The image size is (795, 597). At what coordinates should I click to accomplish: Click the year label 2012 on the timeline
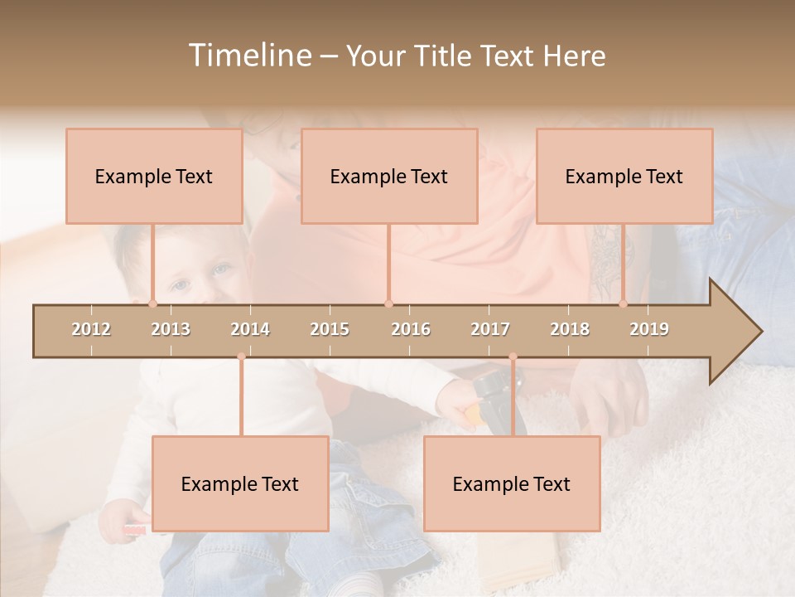pyautogui.click(x=91, y=329)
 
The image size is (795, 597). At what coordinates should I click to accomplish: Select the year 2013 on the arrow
pyautogui.click(x=171, y=329)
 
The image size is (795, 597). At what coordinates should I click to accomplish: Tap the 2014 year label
pyautogui.click(x=250, y=329)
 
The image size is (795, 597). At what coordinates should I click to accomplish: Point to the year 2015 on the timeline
pyautogui.click(x=330, y=329)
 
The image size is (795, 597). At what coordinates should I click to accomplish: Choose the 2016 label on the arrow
pyautogui.click(x=411, y=329)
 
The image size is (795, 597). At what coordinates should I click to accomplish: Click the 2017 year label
pyautogui.click(x=490, y=329)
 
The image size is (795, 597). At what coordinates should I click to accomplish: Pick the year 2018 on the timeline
pyautogui.click(x=570, y=329)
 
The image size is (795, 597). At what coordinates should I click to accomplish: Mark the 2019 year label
pyautogui.click(x=649, y=329)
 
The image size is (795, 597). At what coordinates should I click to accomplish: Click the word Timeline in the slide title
pyautogui.click(x=248, y=56)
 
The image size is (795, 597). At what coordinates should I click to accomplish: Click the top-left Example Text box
pyautogui.click(x=154, y=176)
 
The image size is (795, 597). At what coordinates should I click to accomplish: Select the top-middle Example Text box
pyautogui.click(x=389, y=176)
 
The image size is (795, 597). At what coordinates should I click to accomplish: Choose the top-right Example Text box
pyautogui.click(x=624, y=176)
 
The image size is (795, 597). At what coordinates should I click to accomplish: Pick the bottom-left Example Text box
pyautogui.click(x=240, y=483)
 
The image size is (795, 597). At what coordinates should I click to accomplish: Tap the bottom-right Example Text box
pyautogui.click(x=512, y=483)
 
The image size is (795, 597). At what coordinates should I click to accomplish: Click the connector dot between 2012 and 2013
pyautogui.click(x=152, y=303)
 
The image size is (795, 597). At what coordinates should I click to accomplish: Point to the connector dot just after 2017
pyautogui.click(x=513, y=357)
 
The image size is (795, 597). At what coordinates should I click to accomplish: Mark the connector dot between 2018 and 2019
pyautogui.click(x=623, y=303)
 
